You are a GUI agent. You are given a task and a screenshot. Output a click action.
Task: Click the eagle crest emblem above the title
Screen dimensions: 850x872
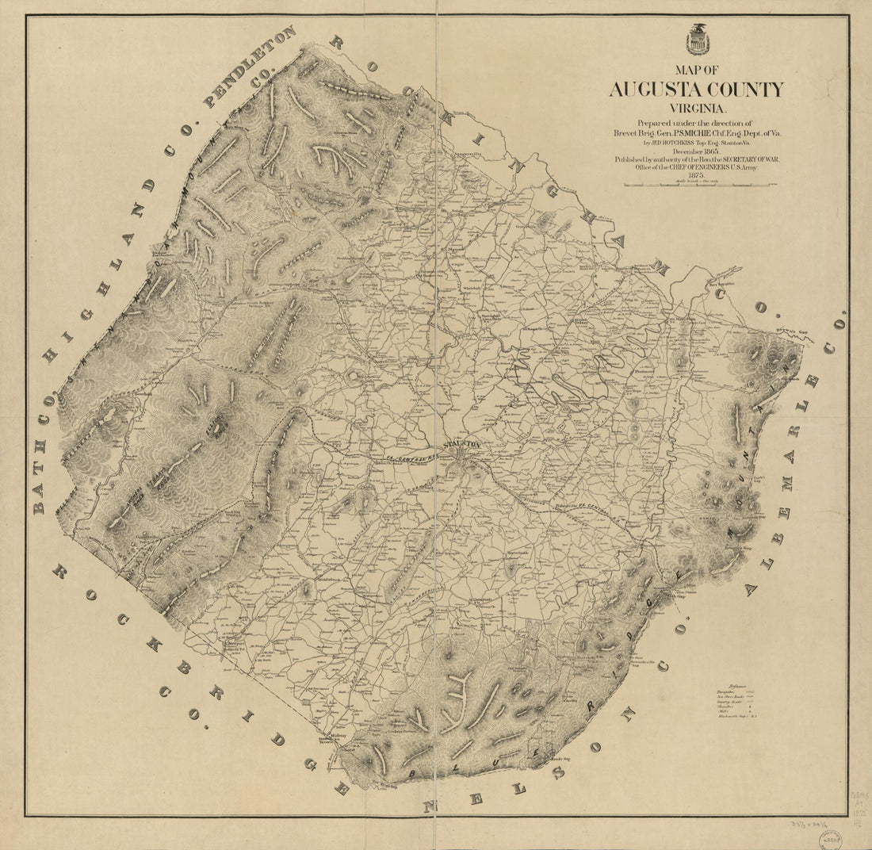(x=698, y=39)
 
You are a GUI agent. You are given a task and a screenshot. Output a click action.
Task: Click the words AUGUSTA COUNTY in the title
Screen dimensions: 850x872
(x=696, y=90)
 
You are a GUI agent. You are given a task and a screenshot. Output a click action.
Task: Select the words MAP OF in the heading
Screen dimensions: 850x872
(x=697, y=70)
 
